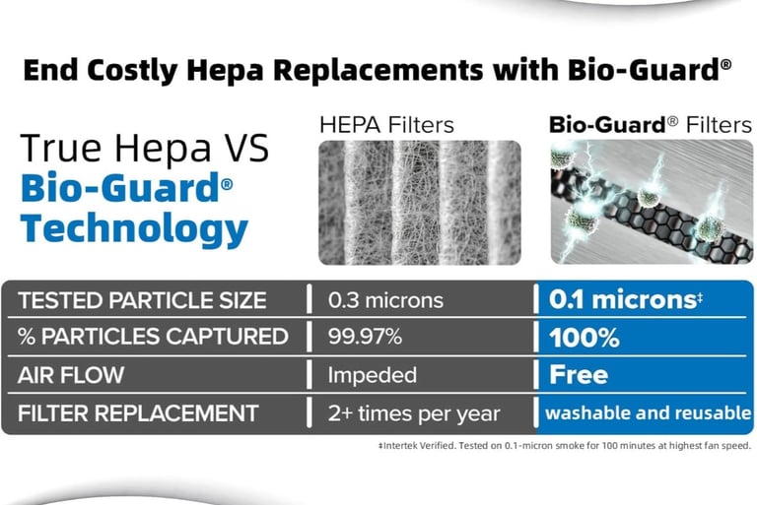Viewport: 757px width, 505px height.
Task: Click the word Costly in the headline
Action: [132, 70]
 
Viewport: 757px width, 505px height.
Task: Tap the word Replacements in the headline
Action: [378, 70]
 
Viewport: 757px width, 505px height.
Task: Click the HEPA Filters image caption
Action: [386, 125]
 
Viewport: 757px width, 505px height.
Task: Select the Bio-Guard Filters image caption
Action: [651, 125]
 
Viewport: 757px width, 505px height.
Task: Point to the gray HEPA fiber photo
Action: [420, 202]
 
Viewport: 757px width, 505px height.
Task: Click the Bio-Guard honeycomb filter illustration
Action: [652, 202]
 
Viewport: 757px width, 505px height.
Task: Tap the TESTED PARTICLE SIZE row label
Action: [142, 300]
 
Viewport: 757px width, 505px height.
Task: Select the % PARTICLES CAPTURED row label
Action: [153, 337]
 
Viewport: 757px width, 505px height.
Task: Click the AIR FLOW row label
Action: [71, 375]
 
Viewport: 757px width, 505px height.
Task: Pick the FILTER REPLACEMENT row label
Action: [138, 412]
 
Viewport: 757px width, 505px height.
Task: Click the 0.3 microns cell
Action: [385, 300]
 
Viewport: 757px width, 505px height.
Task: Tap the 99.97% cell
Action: [365, 337]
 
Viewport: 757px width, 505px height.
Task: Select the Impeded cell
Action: [372, 375]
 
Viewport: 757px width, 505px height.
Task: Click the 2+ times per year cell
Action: [414, 413]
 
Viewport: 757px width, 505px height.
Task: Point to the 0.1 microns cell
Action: [625, 299]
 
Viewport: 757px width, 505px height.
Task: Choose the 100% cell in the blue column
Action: [585, 337]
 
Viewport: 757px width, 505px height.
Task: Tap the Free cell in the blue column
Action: [579, 374]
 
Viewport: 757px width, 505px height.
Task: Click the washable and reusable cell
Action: [648, 412]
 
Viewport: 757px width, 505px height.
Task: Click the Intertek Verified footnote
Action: [565, 446]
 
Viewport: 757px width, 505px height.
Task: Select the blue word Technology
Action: [134, 229]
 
